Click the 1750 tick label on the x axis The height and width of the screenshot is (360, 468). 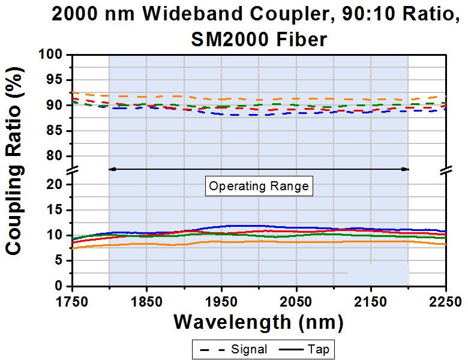tap(73, 299)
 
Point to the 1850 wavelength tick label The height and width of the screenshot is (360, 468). tap(147, 299)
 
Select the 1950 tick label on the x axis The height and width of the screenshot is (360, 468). tap(221, 299)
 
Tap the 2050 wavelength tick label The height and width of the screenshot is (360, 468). tap(296, 299)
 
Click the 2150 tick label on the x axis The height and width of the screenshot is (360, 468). tap(371, 299)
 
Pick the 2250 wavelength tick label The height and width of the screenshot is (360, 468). tap(445, 299)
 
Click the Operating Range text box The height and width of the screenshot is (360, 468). tap(259, 186)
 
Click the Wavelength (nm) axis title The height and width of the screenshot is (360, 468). tap(259, 322)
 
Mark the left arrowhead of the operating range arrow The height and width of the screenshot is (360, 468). tap(112, 169)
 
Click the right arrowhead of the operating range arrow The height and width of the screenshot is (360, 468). tap(406, 169)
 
